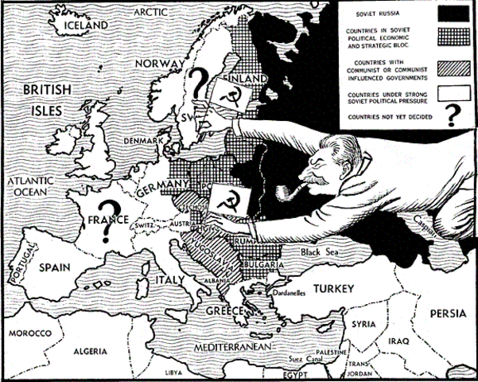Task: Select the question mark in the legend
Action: tap(453, 116)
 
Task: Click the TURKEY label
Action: tap(337, 287)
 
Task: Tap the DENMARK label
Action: tap(143, 140)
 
